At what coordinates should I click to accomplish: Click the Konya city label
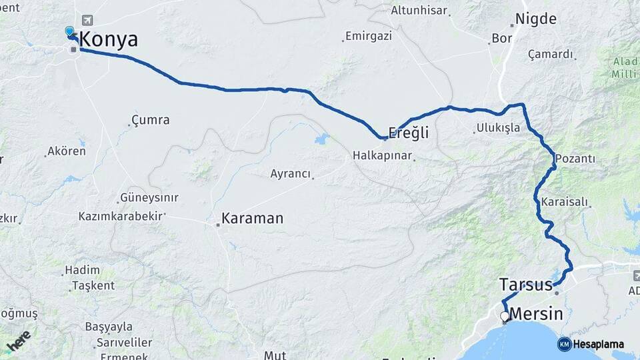tap(109, 40)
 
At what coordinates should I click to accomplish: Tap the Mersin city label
tap(536, 315)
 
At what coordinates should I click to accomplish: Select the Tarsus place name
tap(525, 285)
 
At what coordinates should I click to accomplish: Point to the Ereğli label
tap(408, 133)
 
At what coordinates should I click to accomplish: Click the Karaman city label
tap(252, 218)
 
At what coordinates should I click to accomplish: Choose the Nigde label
tap(536, 19)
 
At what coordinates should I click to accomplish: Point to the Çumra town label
tap(151, 121)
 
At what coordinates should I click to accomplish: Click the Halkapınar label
tap(383, 156)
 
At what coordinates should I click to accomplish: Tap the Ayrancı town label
tap(291, 174)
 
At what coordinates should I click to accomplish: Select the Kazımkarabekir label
tap(120, 216)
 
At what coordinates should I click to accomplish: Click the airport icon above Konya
tap(87, 20)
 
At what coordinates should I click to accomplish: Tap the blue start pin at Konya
tap(69, 31)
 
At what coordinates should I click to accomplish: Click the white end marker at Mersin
tap(505, 316)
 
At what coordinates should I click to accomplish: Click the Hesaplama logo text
tap(598, 345)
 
